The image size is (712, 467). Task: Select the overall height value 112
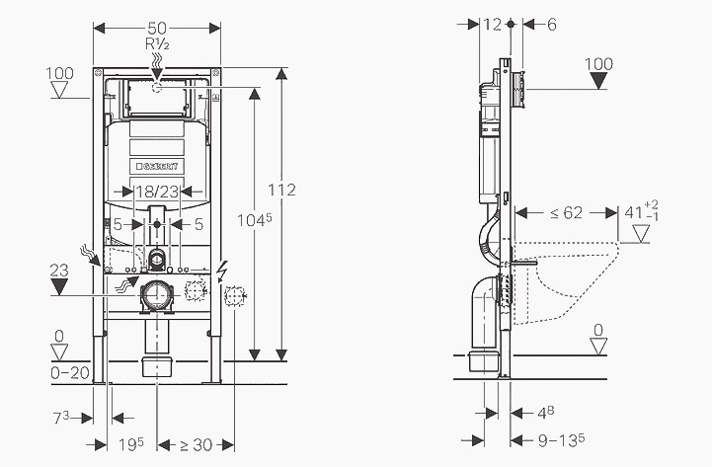point(281,190)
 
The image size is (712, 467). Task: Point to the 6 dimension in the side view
point(551,24)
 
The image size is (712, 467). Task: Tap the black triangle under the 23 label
point(60,287)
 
